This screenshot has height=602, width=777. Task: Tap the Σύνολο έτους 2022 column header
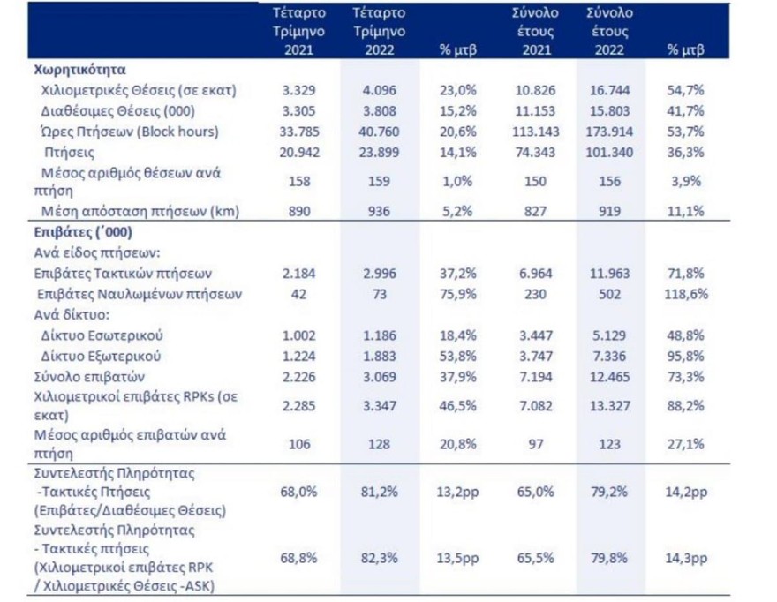(x=607, y=32)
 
